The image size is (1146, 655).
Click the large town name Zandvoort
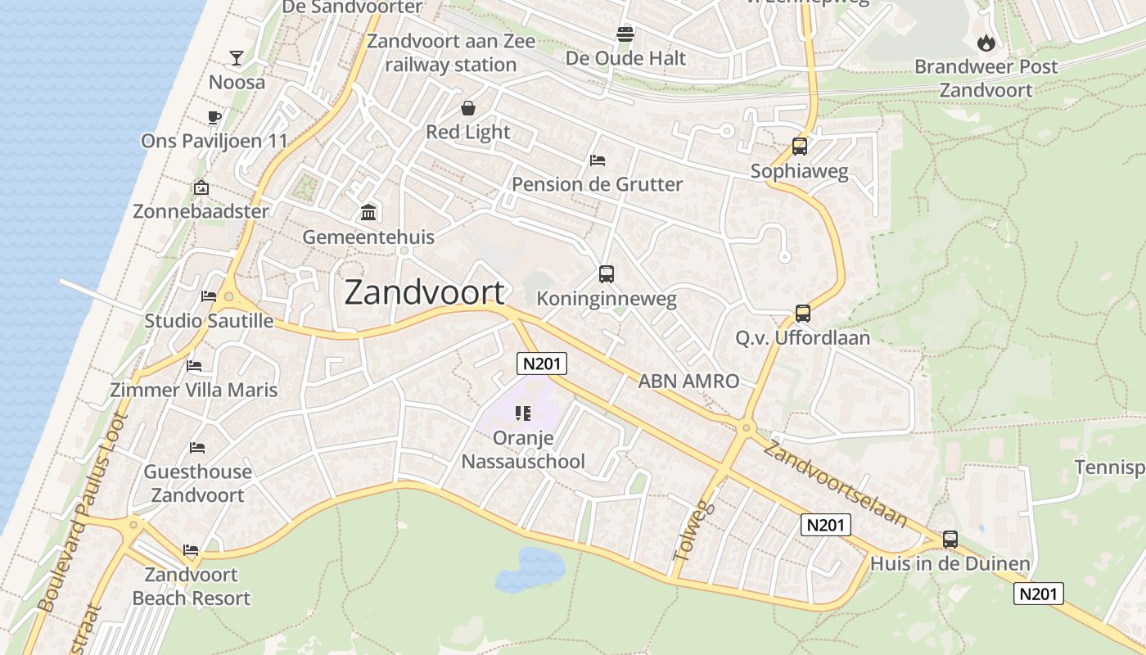point(424,292)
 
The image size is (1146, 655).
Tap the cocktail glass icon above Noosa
point(237,57)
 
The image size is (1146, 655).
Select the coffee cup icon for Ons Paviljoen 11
point(214,117)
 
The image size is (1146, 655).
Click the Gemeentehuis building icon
point(368,213)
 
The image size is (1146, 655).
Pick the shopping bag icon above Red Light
point(468,108)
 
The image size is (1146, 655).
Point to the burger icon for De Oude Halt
point(625,34)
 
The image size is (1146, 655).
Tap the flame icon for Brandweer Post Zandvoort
point(986,43)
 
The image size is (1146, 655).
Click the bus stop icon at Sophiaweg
point(800,147)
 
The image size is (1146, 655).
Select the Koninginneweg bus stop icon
point(606,274)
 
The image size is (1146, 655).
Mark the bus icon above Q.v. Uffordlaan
point(802,314)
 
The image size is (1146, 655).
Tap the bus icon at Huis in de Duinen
point(950,540)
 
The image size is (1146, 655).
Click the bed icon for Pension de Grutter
point(598,160)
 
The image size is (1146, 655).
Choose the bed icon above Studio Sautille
point(209,296)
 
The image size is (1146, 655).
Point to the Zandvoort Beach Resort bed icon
point(191,550)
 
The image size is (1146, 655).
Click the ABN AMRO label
point(688,381)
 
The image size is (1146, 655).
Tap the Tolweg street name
point(693,531)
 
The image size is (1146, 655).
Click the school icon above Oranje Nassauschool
point(523,413)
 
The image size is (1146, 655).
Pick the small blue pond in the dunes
point(530,569)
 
